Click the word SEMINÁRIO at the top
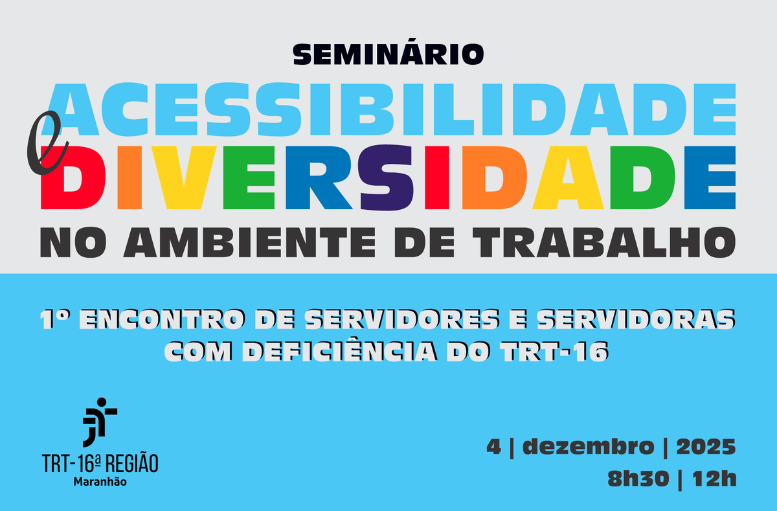(388, 54)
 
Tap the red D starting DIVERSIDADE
(68, 179)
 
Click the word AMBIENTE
(256, 241)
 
